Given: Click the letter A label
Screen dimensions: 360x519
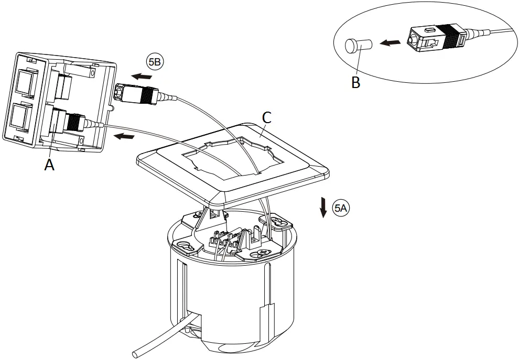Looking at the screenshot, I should coord(49,165).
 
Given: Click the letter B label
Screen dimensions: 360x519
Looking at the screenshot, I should coord(356,82).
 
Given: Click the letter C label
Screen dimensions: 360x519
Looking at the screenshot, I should coord(266,118).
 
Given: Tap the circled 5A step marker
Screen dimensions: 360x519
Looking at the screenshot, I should coord(341,209).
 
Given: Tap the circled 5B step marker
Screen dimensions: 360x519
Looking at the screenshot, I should coord(155,62).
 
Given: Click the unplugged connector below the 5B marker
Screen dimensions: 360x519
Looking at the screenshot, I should coord(135,94).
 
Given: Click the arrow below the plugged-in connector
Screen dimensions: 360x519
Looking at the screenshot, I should coord(124,137).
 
